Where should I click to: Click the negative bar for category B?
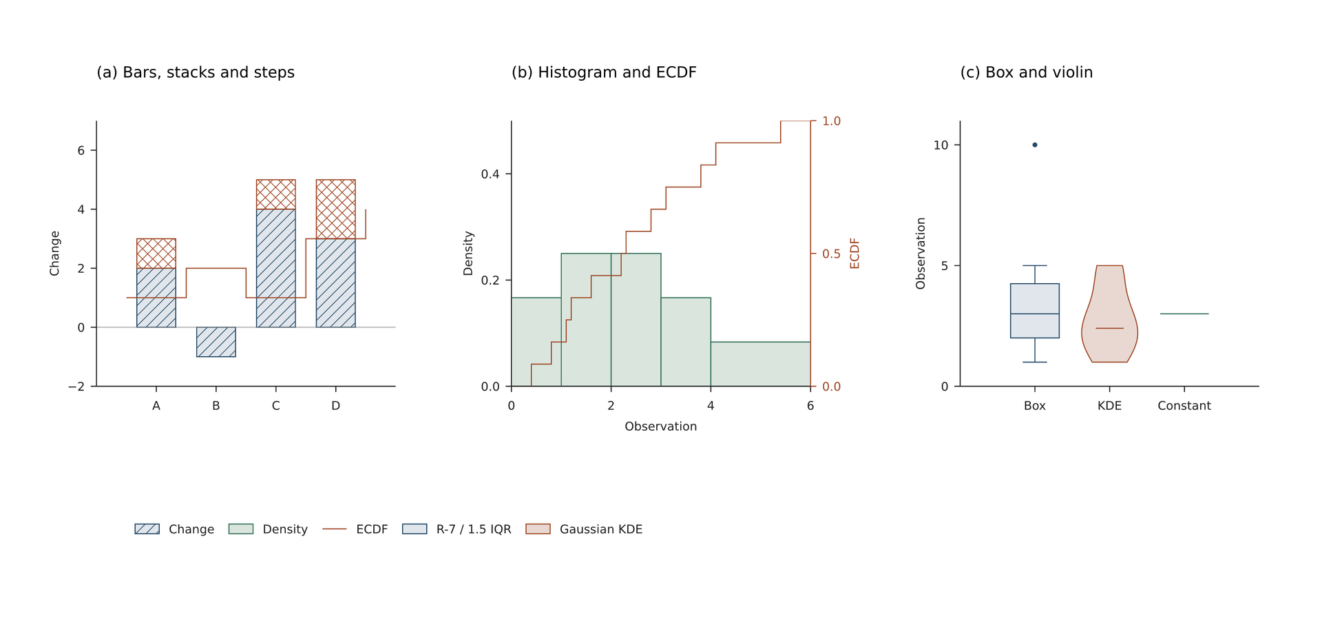click(x=216, y=342)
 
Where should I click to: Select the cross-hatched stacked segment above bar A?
click(x=156, y=254)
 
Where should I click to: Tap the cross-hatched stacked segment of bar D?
click(x=336, y=209)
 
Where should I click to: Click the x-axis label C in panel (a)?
click(x=276, y=406)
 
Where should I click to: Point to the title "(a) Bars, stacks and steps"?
click(x=196, y=72)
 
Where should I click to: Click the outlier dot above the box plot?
click(x=1035, y=145)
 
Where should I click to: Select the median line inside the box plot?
click(x=1035, y=313)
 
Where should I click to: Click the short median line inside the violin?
click(x=1109, y=328)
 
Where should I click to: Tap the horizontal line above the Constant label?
click(x=1184, y=313)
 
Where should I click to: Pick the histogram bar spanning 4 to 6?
click(x=761, y=364)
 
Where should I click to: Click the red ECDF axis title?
click(x=855, y=254)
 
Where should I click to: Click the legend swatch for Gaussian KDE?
click(x=538, y=529)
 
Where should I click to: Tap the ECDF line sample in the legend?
click(x=335, y=529)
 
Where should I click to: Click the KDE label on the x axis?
click(x=1109, y=406)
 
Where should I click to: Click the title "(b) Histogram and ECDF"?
click(x=604, y=72)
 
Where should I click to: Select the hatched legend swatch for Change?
click(x=147, y=529)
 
